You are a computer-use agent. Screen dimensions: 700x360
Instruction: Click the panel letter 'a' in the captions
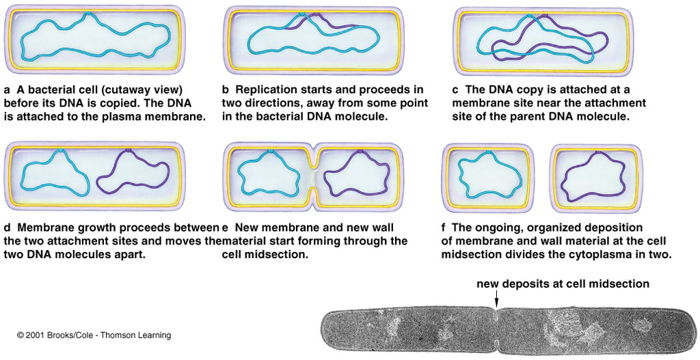click(x=7, y=90)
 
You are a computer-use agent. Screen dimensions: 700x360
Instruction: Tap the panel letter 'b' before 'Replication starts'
click(x=226, y=89)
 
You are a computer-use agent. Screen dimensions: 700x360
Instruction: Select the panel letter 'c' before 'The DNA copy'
click(x=455, y=90)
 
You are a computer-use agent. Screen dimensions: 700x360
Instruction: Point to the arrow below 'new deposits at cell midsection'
click(x=496, y=299)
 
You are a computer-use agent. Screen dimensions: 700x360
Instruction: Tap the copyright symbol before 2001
click(x=20, y=335)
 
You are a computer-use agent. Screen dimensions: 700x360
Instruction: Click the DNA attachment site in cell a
click(x=88, y=14)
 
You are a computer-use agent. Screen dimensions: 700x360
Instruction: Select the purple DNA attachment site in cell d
click(x=129, y=150)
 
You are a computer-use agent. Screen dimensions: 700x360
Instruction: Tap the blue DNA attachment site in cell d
click(x=59, y=150)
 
